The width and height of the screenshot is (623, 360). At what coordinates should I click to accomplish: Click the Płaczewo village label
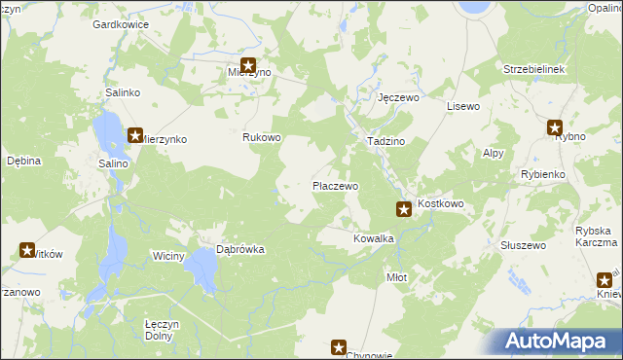click(335, 185)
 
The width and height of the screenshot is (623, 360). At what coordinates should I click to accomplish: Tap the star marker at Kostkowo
click(403, 208)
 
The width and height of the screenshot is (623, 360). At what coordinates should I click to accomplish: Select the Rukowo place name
click(262, 137)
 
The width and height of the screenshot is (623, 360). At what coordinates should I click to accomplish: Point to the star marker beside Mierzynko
click(134, 137)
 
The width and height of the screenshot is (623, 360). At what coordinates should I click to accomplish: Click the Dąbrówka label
click(240, 249)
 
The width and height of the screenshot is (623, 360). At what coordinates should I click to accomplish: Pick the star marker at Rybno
click(555, 126)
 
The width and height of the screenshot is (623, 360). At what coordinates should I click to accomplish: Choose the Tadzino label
click(385, 141)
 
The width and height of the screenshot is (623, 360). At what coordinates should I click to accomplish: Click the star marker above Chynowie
click(339, 346)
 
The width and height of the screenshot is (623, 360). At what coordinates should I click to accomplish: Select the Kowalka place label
click(373, 238)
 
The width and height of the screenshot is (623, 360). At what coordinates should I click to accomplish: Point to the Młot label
click(396, 277)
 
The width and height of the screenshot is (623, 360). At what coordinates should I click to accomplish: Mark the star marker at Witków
click(26, 250)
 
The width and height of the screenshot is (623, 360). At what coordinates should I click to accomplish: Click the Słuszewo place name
click(522, 245)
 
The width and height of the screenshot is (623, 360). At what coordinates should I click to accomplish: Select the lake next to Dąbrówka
click(202, 266)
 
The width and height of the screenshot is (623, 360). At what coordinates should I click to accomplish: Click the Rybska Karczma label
click(596, 236)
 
